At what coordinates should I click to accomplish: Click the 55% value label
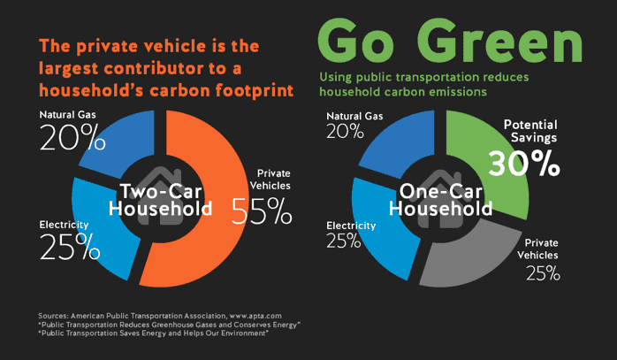point(262,210)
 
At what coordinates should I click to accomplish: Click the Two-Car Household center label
point(160,200)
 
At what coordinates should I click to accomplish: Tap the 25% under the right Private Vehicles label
point(542,272)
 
